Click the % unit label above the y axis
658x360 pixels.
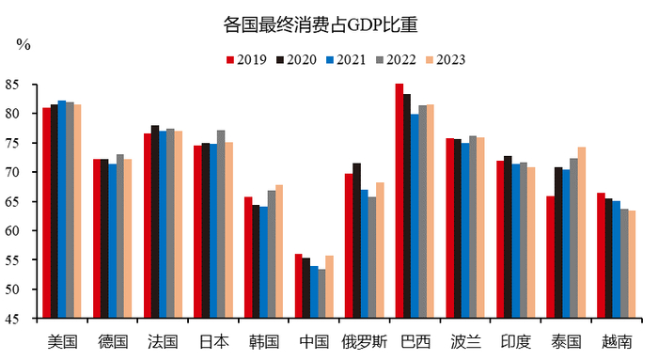pos(23,44)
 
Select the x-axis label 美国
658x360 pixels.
pos(62,340)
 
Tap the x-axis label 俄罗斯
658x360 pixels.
pos(365,340)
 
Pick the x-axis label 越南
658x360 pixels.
pos(617,340)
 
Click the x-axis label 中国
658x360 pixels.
pos(314,340)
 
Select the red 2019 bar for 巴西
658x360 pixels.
pos(399,201)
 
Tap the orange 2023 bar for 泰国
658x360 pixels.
pos(583,232)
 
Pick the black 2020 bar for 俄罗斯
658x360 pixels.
pos(356,241)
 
